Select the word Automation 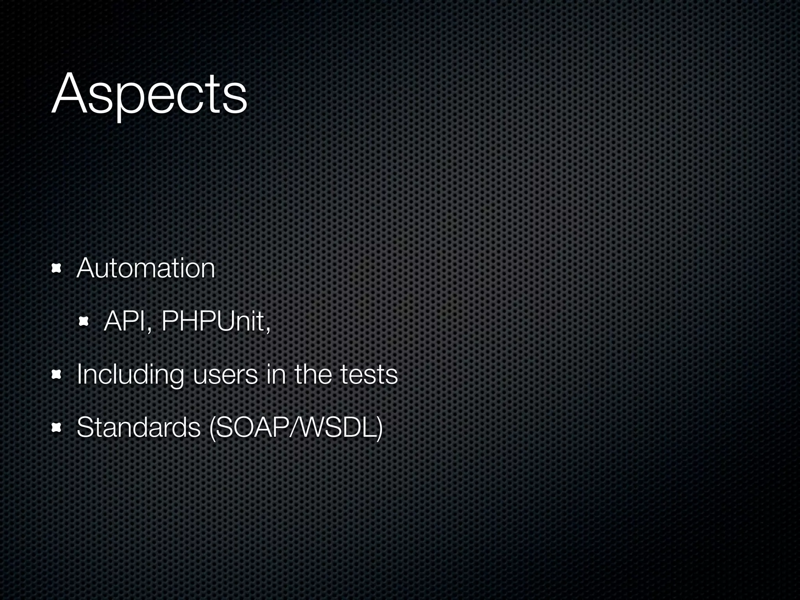tap(146, 268)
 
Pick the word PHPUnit tap(213, 321)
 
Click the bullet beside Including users tap(57, 375)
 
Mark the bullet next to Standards tap(57, 428)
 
